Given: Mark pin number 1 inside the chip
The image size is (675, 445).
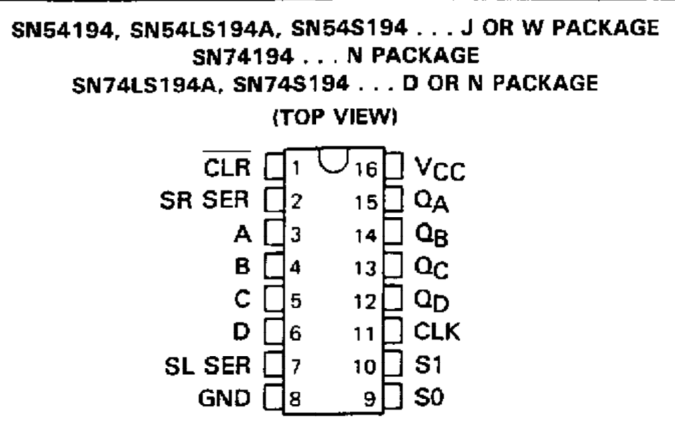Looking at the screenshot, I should tap(295, 165).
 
